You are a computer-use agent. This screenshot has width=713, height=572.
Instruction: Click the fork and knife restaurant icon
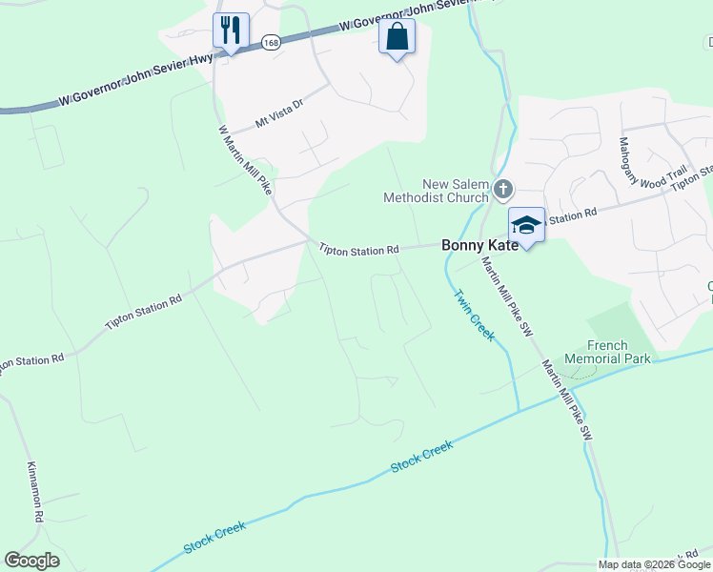pos(230,31)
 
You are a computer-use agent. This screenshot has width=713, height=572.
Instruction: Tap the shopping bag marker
pos(397,37)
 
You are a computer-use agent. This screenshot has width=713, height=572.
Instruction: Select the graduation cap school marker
pos(526,226)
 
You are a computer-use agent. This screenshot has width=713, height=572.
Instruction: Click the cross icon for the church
pos(503,191)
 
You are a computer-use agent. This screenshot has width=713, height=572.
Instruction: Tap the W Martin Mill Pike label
pos(246,160)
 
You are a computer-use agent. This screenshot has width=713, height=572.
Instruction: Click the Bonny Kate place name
pos(480,245)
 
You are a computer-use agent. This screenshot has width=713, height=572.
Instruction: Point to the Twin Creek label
pos(474,316)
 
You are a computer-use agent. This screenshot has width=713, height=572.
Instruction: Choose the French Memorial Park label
pos(607,352)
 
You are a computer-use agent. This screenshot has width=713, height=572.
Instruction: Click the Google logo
pos(31,561)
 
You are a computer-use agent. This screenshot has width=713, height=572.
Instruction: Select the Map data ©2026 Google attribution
pos(655,564)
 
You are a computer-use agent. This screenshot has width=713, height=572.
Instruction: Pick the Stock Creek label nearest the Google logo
pos(214,537)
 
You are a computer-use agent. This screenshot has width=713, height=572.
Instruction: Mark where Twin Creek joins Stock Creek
pos(518,411)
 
